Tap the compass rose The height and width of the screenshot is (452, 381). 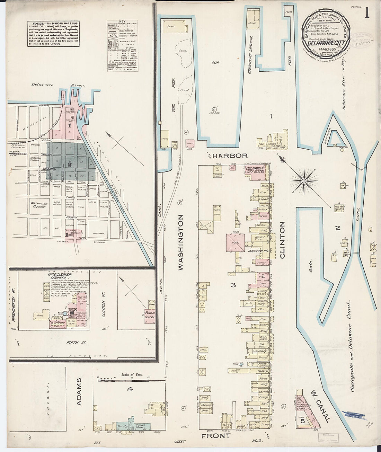point(304,180)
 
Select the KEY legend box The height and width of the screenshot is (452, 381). point(123,45)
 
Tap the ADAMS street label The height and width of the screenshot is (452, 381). point(79,391)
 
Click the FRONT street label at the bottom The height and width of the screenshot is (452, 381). point(215,435)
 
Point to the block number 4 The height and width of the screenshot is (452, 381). point(130,389)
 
